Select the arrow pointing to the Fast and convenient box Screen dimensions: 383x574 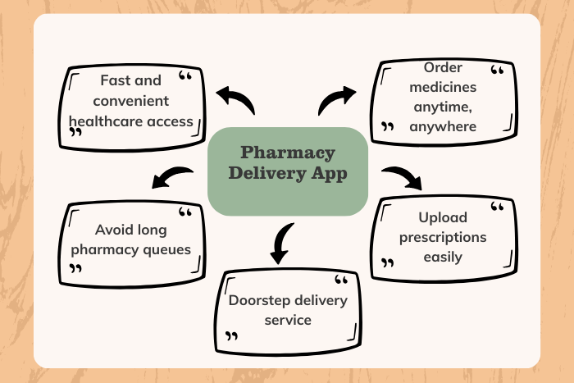[236, 102]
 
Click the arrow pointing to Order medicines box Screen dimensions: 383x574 [336, 99]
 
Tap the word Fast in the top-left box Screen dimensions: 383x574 [116, 80]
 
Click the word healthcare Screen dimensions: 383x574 [103, 121]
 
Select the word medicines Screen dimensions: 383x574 [443, 87]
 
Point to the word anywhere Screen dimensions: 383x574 [443, 126]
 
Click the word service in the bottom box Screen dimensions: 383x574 [288, 319]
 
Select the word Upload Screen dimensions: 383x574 [443, 217]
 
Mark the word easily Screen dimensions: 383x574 [443, 257]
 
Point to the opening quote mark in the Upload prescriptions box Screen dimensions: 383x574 [496, 206]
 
